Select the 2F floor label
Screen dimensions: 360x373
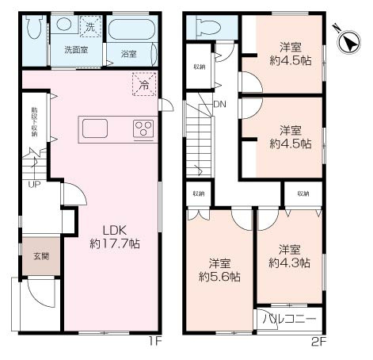point(317,342)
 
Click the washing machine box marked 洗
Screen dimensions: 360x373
point(90,27)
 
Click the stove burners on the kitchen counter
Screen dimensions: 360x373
point(143,128)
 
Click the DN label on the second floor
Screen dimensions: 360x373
point(219,104)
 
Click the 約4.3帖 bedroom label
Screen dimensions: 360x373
point(289,255)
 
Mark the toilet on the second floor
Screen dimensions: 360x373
point(207,27)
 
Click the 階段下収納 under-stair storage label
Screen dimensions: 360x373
point(33,122)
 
